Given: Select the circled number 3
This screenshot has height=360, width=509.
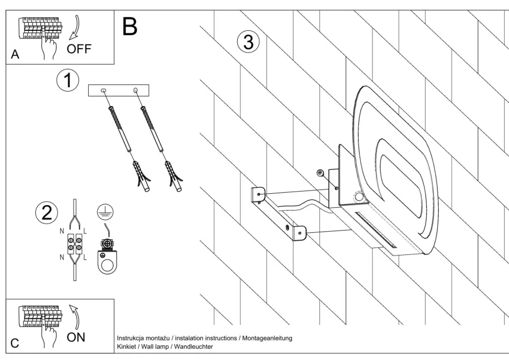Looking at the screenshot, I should point(248,42).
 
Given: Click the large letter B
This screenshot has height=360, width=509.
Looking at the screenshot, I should point(130,25).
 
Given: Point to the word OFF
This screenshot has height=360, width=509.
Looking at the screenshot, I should point(79,49).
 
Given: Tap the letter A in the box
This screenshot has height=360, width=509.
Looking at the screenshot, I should point(15,55).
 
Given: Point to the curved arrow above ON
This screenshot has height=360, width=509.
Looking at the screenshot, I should point(76,317).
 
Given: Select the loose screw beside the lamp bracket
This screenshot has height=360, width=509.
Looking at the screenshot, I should point(320,172).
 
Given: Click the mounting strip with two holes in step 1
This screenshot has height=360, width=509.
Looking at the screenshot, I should point(118,90).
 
